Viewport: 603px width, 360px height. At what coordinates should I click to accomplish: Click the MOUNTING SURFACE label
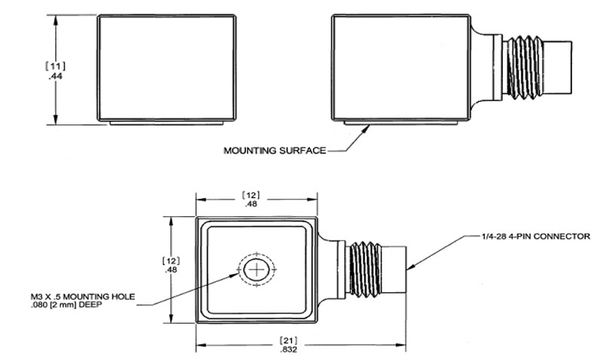[x=274, y=151]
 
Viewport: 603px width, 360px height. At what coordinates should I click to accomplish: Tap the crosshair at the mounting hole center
[x=256, y=269]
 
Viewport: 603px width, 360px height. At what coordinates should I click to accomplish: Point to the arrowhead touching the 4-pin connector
[x=413, y=266]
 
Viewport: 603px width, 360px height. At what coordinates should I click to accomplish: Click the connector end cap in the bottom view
[x=398, y=269]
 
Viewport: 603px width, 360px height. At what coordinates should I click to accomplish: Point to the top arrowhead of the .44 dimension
[x=54, y=20]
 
